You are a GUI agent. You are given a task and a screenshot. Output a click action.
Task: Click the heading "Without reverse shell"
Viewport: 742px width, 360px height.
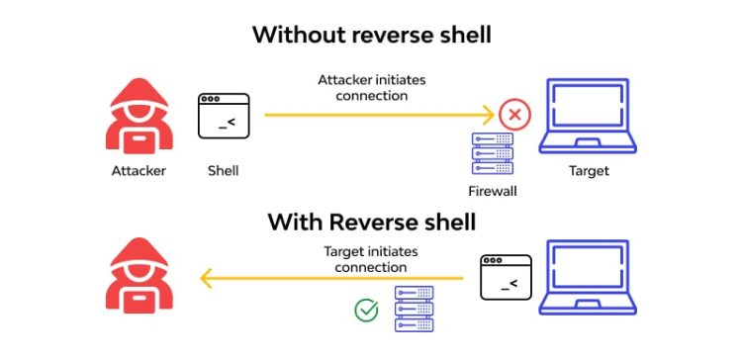(x=371, y=35)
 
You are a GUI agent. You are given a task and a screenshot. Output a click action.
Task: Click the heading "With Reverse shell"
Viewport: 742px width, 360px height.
(x=371, y=222)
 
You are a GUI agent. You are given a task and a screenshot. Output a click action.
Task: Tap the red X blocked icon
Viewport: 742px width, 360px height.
(x=514, y=116)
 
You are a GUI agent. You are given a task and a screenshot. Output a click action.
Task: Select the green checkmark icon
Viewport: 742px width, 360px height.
(x=367, y=311)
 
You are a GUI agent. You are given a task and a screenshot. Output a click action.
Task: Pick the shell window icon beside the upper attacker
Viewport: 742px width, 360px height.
(x=223, y=116)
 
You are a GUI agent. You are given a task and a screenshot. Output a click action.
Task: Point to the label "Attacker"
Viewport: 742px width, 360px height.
(x=139, y=171)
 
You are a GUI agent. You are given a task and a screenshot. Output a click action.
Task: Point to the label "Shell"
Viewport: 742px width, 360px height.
(x=223, y=171)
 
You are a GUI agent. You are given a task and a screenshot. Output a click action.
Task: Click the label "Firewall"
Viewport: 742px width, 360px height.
(x=493, y=190)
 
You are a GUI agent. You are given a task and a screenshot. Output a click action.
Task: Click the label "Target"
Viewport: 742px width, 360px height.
(x=589, y=171)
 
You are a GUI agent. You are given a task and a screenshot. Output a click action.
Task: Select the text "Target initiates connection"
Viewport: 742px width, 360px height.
(x=365, y=259)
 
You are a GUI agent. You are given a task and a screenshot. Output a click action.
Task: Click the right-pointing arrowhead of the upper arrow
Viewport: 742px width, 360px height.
(x=488, y=115)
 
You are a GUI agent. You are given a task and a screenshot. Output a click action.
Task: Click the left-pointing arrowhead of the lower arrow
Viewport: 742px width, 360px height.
(x=207, y=280)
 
